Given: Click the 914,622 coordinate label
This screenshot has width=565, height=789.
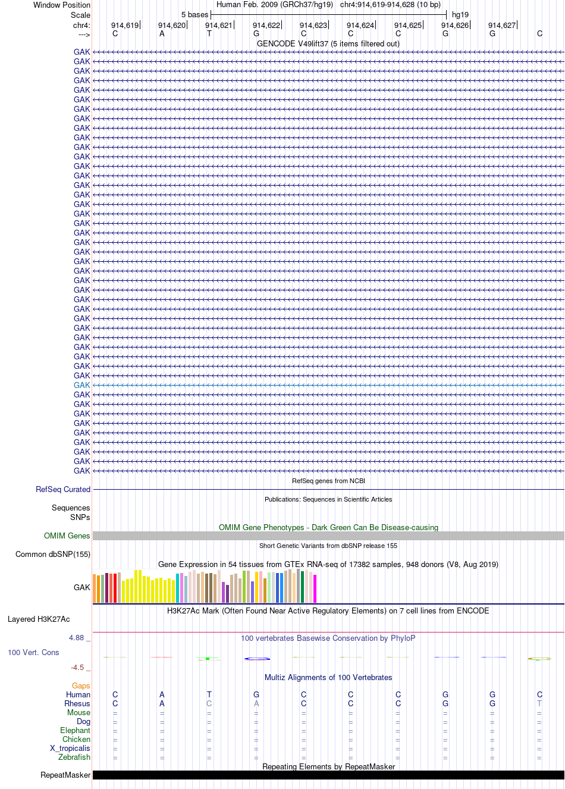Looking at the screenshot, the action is tap(266, 26).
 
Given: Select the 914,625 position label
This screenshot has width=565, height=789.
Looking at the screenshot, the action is tap(407, 26).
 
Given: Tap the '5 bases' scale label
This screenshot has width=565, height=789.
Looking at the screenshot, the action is tap(194, 15).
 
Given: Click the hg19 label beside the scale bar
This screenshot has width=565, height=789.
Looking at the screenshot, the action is tap(460, 15).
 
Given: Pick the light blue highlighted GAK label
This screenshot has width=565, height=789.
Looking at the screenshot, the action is tap(81, 385).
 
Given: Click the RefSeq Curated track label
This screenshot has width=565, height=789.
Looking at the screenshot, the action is tap(63, 489).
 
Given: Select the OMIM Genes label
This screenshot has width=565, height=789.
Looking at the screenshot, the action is tap(67, 536).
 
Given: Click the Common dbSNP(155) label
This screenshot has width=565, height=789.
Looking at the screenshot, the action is tap(53, 555).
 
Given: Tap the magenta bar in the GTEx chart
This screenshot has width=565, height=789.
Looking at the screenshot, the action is tap(315, 588).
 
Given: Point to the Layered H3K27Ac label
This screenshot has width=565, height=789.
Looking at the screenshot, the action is tap(39, 619).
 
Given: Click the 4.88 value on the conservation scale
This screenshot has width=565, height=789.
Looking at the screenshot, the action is tap(76, 638).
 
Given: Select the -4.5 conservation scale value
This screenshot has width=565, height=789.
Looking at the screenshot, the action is tap(77, 668).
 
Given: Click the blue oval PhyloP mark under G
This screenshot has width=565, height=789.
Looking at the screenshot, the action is tap(258, 659).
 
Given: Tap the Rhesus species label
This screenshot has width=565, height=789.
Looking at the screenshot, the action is tap(77, 703).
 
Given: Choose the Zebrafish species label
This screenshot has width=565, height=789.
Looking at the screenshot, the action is tap(74, 757).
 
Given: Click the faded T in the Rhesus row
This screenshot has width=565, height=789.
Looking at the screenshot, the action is tap(539, 703).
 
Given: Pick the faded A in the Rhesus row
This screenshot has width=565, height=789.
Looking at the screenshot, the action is tap(256, 703).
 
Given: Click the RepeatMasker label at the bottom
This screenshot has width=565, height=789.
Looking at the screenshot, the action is tap(65, 775).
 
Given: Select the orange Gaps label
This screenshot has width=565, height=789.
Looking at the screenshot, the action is tap(81, 686).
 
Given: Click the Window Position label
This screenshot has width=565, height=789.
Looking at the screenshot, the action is tap(62, 5).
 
